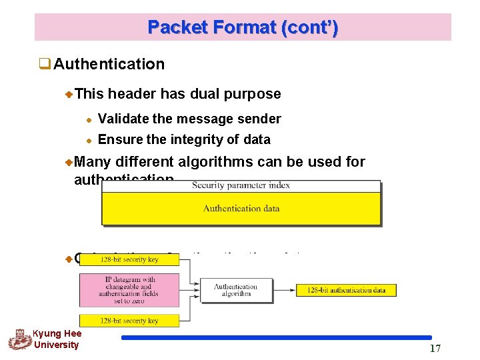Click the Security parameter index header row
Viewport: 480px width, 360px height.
click(241, 186)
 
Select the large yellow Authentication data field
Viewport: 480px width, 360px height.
click(241, 209)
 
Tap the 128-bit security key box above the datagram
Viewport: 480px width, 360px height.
click(129, 259)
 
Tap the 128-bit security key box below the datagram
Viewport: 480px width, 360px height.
click(129, 320)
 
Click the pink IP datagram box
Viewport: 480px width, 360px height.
click(129, 290)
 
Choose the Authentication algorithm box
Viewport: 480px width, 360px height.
click(235, 290)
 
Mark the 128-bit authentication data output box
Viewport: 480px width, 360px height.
click(346, 290)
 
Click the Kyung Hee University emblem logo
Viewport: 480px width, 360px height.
click(19, 340)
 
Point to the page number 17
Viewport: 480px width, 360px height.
click(435, 348)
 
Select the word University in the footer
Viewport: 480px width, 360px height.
click(56, 345)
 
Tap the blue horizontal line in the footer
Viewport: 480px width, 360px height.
click(277, 338)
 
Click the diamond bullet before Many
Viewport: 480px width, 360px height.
click(69, 162)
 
